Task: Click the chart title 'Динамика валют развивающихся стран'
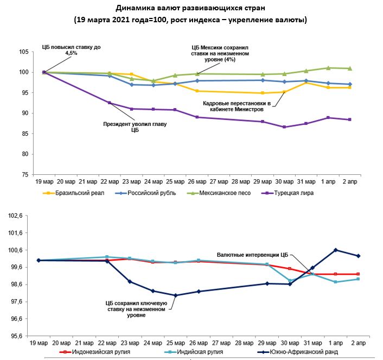tap(190, 9)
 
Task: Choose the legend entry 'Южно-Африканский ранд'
tap(308, 352)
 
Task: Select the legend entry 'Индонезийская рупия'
tap(101, 352)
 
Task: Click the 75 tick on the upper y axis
tap(24, 175)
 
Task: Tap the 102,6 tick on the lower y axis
tap(20, 216)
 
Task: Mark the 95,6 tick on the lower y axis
tap(20, 336)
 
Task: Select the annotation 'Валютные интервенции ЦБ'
tap(253, 254)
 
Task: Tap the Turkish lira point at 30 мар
tap(284, 127)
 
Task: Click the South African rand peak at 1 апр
tap(336, 250)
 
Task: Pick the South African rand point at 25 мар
tap(175, 295)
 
